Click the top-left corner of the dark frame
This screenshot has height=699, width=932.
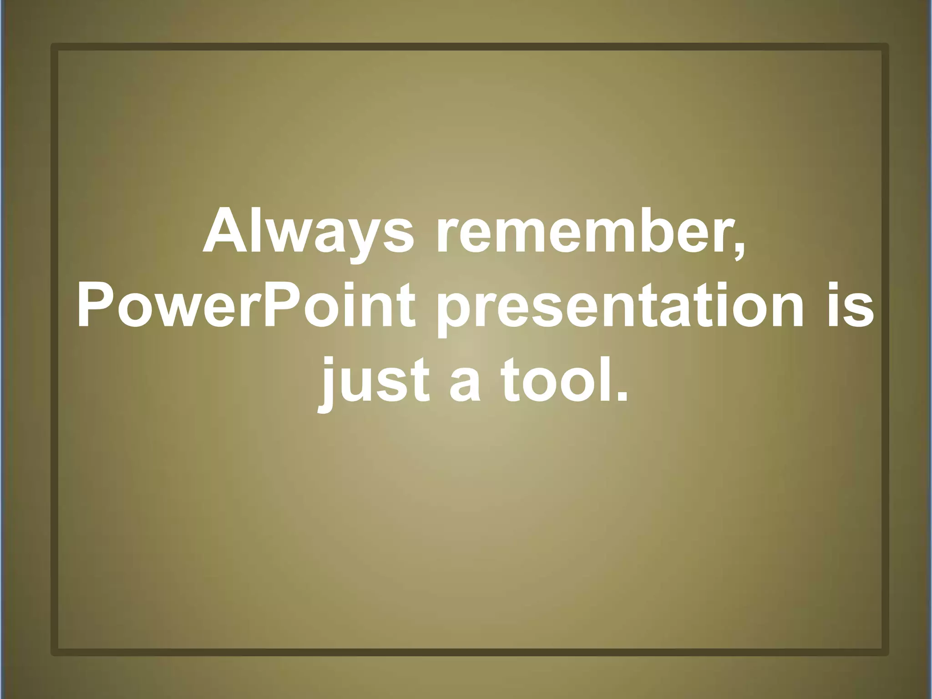[x=54, y=47]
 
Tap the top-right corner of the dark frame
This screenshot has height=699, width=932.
[x=885, y=47]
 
